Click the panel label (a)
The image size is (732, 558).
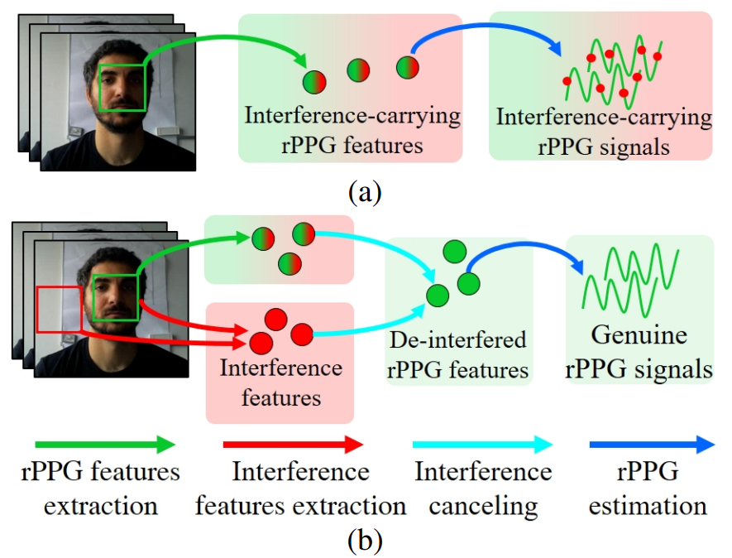coord(365,191)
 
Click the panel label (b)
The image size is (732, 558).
coord(365,541)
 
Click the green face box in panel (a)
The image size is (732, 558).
coord(122,65)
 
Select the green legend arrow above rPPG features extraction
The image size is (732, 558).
coord(105,445)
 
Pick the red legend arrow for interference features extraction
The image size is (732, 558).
coord(293,445)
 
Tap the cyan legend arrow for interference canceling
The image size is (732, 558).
coord(483,445)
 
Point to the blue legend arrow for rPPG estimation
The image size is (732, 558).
coord(652,445)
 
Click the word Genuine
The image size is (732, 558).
coord(639,335)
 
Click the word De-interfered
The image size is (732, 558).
coord(458,339)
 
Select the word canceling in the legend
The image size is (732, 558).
coord(483,507)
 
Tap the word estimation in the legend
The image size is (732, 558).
coord(648,506)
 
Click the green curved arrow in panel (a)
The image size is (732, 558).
coord(224,37)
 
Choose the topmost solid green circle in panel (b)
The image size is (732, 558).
coord(455,252)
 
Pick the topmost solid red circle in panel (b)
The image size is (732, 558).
coord(276,320)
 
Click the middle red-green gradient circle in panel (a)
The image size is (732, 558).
coord(358,70)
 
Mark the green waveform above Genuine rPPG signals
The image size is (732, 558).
coord(631,281)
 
